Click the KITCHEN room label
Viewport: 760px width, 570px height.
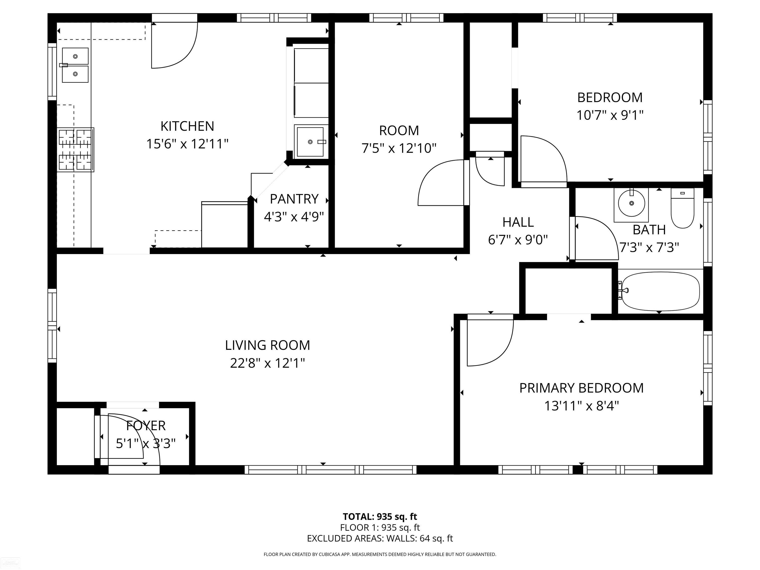pyautogui.click(x=187, y=126)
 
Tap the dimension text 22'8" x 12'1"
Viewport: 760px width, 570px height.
pyautogui.click(x=267, y=363)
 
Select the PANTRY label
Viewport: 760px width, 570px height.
pyautogui.click(x=294, y=199)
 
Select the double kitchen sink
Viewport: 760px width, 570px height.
pyautogui.click(x=75, y=65)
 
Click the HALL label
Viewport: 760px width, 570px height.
pyautogui.click(x=518, y=222)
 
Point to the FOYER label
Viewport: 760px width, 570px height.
pyautogui.click(x=146, y=426)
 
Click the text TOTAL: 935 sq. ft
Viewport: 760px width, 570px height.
pyautogui.click(x=380, y=516)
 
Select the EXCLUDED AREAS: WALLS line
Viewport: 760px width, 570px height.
pyautogui.click(x=380, y=538)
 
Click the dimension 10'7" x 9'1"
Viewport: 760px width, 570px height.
pyautogui.click(x=610, y=115)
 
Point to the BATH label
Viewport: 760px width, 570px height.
pyautogui.click(x=649, y=230)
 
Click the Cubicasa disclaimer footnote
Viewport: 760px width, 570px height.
pyautogui.click(x=380, y=554)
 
